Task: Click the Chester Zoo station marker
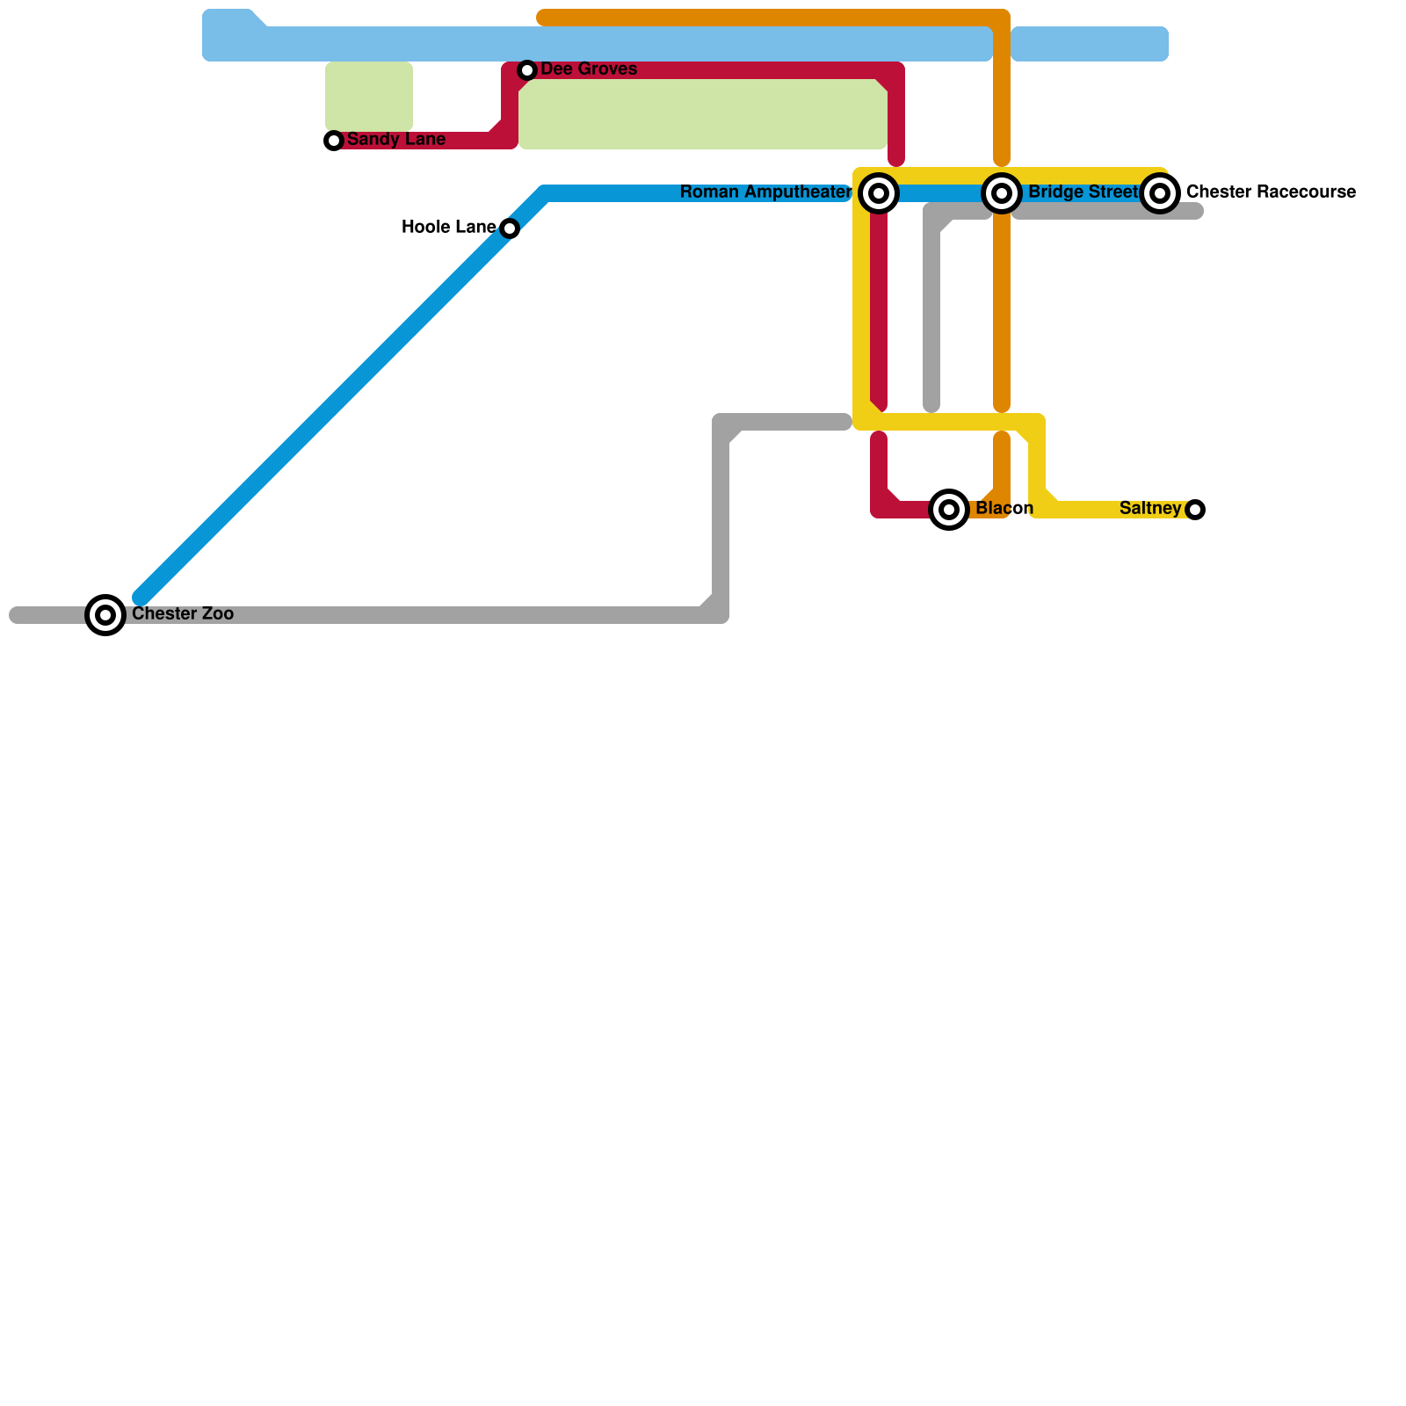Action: (105, 615)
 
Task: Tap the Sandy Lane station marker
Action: (334, 141)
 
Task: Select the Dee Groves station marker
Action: (527, 70)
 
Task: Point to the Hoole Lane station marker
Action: (510, 228)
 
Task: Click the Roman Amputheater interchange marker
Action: (879, 193)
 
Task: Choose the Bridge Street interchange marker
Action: (1002, 193)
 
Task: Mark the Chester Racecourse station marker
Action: (1160, 193)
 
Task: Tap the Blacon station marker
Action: (949, 510)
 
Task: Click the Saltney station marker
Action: (1195, 510)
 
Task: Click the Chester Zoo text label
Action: (183, 614)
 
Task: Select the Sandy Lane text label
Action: (396, 140)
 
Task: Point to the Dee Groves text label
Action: (589, 69)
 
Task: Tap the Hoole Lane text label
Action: (448, 228)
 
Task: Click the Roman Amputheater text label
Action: (765, 192)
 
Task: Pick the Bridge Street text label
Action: (1083, 192)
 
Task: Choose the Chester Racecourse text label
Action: (1271, 192)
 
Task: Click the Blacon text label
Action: (1004, 509)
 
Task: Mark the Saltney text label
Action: (1150, 509)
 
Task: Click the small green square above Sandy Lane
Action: (369, 97)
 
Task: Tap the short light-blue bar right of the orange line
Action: (1090, 44)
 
